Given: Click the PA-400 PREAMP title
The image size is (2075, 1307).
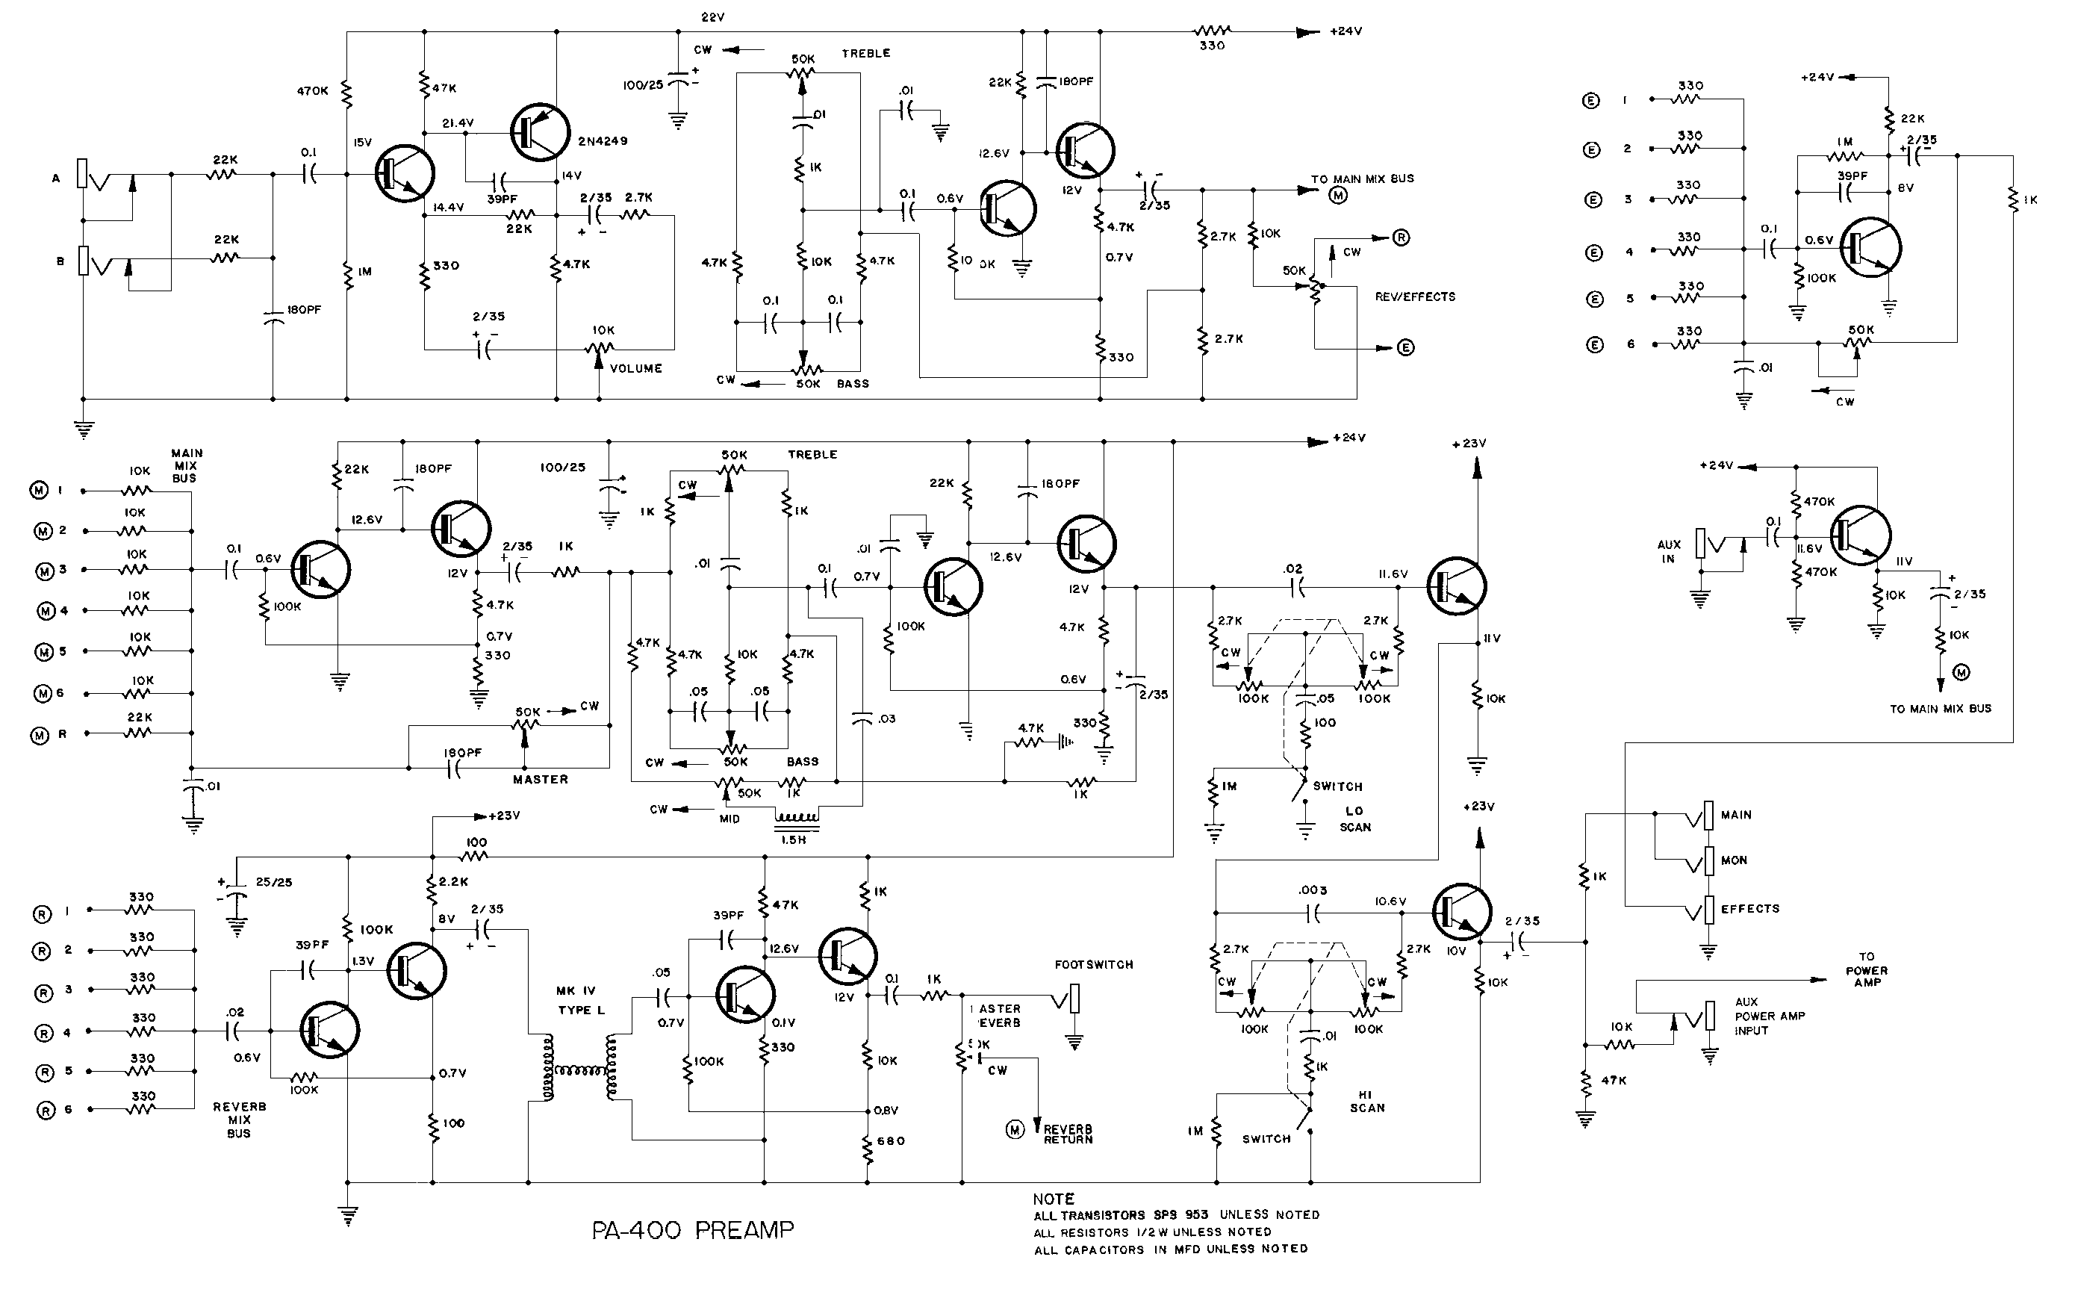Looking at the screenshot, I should [692, 1230].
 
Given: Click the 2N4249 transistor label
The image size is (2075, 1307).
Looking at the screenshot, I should [603, 141].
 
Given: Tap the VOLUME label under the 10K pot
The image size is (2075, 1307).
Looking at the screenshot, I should [636, 368].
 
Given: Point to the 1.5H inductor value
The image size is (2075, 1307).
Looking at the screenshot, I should [793, 839].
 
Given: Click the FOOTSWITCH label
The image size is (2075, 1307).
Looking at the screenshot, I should [1094, 965].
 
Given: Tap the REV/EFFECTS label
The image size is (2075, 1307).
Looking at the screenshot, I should [1415, 297].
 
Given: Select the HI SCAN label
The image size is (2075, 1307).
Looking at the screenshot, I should [1366, 1101].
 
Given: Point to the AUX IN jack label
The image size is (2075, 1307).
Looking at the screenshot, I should [1668, 552].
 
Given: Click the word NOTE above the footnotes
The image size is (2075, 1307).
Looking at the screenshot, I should [1053, 1199].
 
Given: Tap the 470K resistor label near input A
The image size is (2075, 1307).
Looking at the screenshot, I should [313, 90].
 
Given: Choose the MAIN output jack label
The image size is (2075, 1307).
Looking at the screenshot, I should [1735, 815].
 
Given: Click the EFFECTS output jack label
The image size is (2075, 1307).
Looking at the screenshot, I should [1749, 909].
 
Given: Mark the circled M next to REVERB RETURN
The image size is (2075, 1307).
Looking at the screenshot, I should [1015, 1129].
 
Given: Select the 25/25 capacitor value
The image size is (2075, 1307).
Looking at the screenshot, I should [273, 882].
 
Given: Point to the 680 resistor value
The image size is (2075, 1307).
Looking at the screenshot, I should [891, 1140].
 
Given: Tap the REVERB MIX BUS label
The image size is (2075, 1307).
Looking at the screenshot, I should [240, 1120].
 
